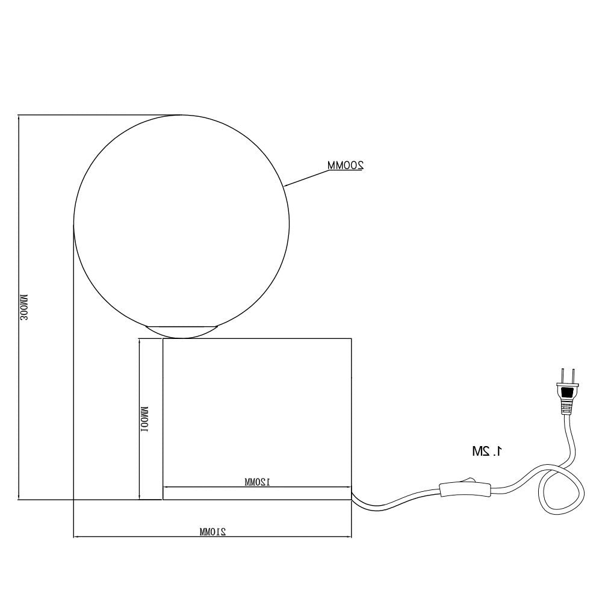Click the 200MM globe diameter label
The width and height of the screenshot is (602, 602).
coord(345,165)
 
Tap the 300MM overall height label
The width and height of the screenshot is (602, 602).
coord(24,307)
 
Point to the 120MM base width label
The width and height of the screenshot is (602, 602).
coord(257,482)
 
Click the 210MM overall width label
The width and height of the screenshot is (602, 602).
coord(213,532)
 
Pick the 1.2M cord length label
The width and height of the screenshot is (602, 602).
coord(487,451)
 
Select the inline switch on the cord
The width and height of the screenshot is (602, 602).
coord(465,489)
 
